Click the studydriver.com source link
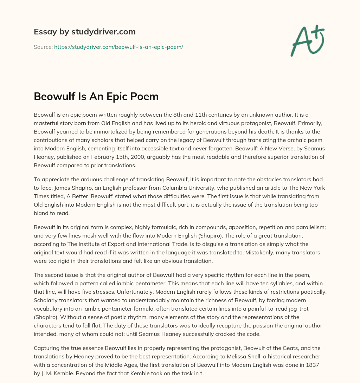(x=118, y=47)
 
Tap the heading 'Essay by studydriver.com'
(x=85, y=32)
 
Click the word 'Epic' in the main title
(x=112, y=96)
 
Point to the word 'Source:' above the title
(x=43, y=47)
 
